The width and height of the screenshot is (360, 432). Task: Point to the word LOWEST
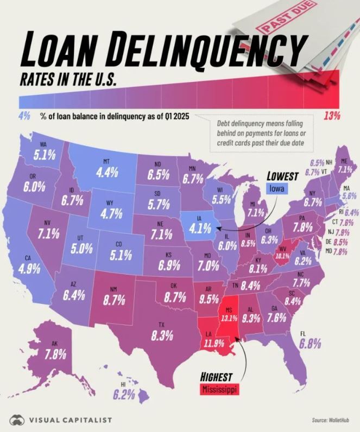point(282,176)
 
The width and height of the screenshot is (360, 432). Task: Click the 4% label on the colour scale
point(24,116)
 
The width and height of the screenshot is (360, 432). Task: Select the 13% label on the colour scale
point(331,115)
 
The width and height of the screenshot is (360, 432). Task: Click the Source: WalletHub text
point(332,420)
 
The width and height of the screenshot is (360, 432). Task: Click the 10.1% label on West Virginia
point(281,255)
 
